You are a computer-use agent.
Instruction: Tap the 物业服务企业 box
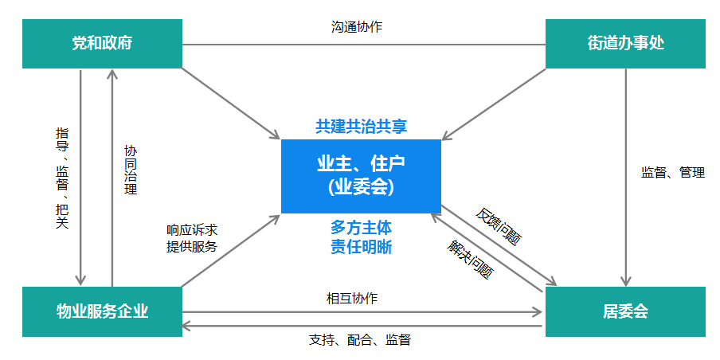(102, 311)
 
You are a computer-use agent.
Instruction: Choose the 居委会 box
(625, 311)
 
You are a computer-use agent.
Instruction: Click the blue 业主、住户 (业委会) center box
(361, 176)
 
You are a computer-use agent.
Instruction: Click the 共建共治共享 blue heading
(361, 126)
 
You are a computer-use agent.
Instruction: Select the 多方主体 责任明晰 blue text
(361, 237)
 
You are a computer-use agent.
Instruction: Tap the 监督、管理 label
(673, 172)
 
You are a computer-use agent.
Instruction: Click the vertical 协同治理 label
(131, 170)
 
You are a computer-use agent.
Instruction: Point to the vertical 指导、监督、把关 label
(62, 177)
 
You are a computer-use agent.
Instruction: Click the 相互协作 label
(351, 299)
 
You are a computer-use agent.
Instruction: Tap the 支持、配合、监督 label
(359, 340)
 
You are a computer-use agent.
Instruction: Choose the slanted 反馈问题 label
(499, 226)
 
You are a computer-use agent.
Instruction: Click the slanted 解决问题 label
(469, 257)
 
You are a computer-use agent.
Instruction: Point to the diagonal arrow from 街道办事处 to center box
(494, 102)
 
